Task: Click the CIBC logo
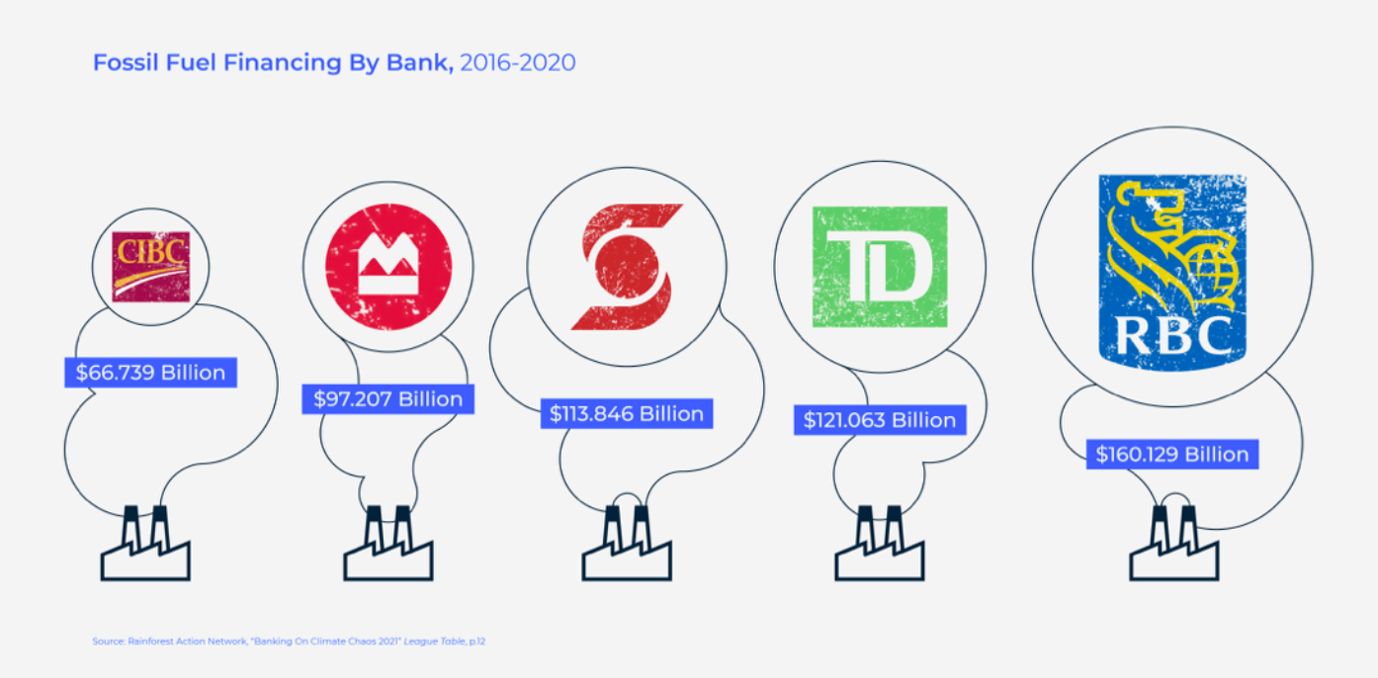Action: coord(150,267)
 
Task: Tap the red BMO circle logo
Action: coord(388,267)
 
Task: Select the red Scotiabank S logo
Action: coord(627,267)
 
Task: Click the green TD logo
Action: coord(880,267)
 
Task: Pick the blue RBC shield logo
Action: coord(1172,273)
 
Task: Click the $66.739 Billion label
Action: coord(150,373)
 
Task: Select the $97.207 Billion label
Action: coord(388,399)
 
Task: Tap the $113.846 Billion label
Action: coord(627,413)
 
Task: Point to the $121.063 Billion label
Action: coord(880,420)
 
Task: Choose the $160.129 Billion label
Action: coord(1172,454)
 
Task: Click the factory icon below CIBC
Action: coord(145,544)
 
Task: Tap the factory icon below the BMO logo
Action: coord(388,544)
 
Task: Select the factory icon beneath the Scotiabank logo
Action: coord(627,544)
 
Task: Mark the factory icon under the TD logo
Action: coord(880,544)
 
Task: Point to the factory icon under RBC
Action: coord(1173,544)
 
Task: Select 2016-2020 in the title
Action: coord(518,62)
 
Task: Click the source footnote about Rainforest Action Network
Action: coord(289,641)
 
